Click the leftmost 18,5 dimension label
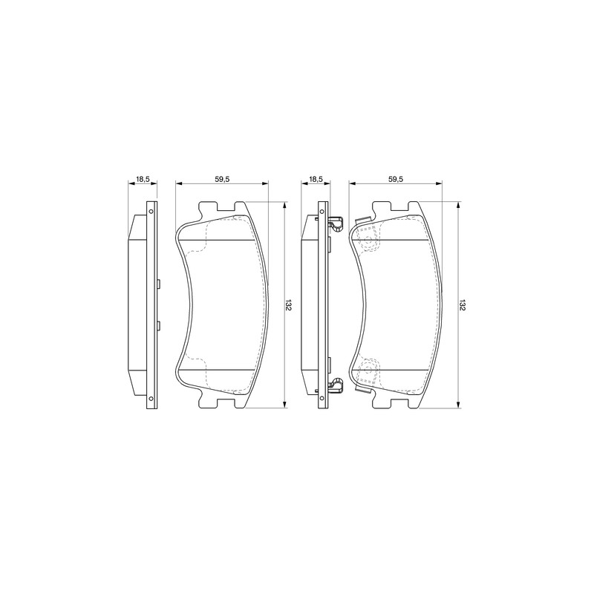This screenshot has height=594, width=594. (143, 179)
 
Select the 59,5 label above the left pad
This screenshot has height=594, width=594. (222, 179)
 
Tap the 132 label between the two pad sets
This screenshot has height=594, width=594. (289, 305)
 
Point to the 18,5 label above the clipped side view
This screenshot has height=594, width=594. (316, 179)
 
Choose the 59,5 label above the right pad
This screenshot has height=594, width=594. (395, 179)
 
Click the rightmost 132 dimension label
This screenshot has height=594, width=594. (462, 305)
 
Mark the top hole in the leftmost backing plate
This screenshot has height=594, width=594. (151, 212)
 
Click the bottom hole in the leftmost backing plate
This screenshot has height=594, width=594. (151, 398)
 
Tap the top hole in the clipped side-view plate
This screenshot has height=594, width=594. (323, 212)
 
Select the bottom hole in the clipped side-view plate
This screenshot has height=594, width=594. (323, 398)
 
